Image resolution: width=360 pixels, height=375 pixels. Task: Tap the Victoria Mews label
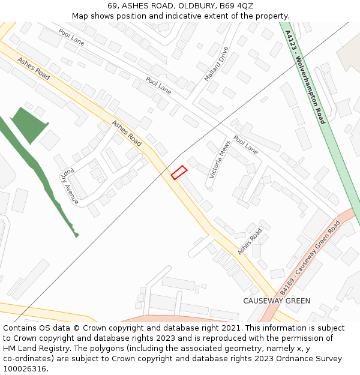220,160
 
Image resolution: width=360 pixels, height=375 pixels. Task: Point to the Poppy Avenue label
70,186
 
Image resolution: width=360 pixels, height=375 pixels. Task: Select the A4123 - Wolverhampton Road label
305,77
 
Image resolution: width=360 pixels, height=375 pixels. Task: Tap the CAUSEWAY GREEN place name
277,301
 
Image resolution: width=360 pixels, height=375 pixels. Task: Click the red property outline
179,172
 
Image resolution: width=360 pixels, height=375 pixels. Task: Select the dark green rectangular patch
28,125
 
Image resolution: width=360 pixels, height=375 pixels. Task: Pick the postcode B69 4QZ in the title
237,6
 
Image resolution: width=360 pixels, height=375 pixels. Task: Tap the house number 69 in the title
112,6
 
